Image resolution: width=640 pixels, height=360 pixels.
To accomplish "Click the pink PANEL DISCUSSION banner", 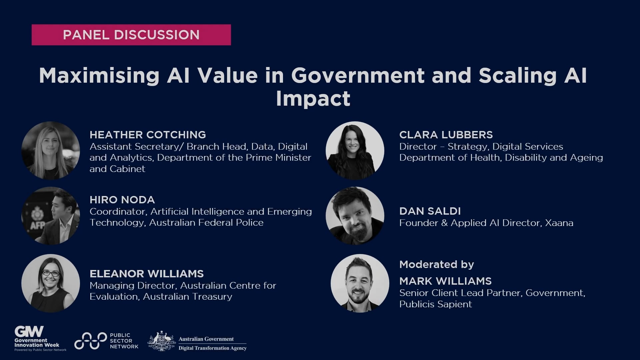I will tap(131, 35).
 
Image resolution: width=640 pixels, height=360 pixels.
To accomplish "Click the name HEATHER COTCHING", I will tap(148, 135).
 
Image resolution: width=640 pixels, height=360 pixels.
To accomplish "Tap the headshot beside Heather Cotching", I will tap(51, 150).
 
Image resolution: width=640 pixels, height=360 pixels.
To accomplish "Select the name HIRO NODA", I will tap(122, 200).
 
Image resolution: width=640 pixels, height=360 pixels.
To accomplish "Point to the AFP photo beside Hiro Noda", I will tap(51, 216).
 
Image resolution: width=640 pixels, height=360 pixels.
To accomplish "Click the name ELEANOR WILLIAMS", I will tap(146, 274).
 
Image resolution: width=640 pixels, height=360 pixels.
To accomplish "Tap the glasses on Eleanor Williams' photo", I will tap(51, 274).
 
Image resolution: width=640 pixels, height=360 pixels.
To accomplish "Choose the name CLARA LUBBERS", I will tap(446, 135).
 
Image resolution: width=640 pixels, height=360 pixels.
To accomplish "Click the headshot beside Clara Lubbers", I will tap(355, 150).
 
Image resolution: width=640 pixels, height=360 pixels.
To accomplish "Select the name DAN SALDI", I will tap(430, 211).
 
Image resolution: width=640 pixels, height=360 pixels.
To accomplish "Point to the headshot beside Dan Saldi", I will tap(355, 216).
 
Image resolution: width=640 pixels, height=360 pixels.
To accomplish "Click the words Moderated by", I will tap(436, 264).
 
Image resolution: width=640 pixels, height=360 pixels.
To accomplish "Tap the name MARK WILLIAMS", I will tap(445, 281).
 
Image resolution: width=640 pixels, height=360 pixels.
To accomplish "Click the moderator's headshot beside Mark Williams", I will tap(360, 283).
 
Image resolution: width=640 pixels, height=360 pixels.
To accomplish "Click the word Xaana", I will tap(559, 223).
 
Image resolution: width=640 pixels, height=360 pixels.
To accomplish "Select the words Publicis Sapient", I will tap(435, 304).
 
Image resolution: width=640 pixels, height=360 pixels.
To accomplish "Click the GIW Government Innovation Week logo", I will tap(37, 338).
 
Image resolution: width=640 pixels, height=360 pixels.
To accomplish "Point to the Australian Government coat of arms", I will tap(162, 341).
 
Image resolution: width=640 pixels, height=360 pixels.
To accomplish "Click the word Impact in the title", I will tap(313, 98).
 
